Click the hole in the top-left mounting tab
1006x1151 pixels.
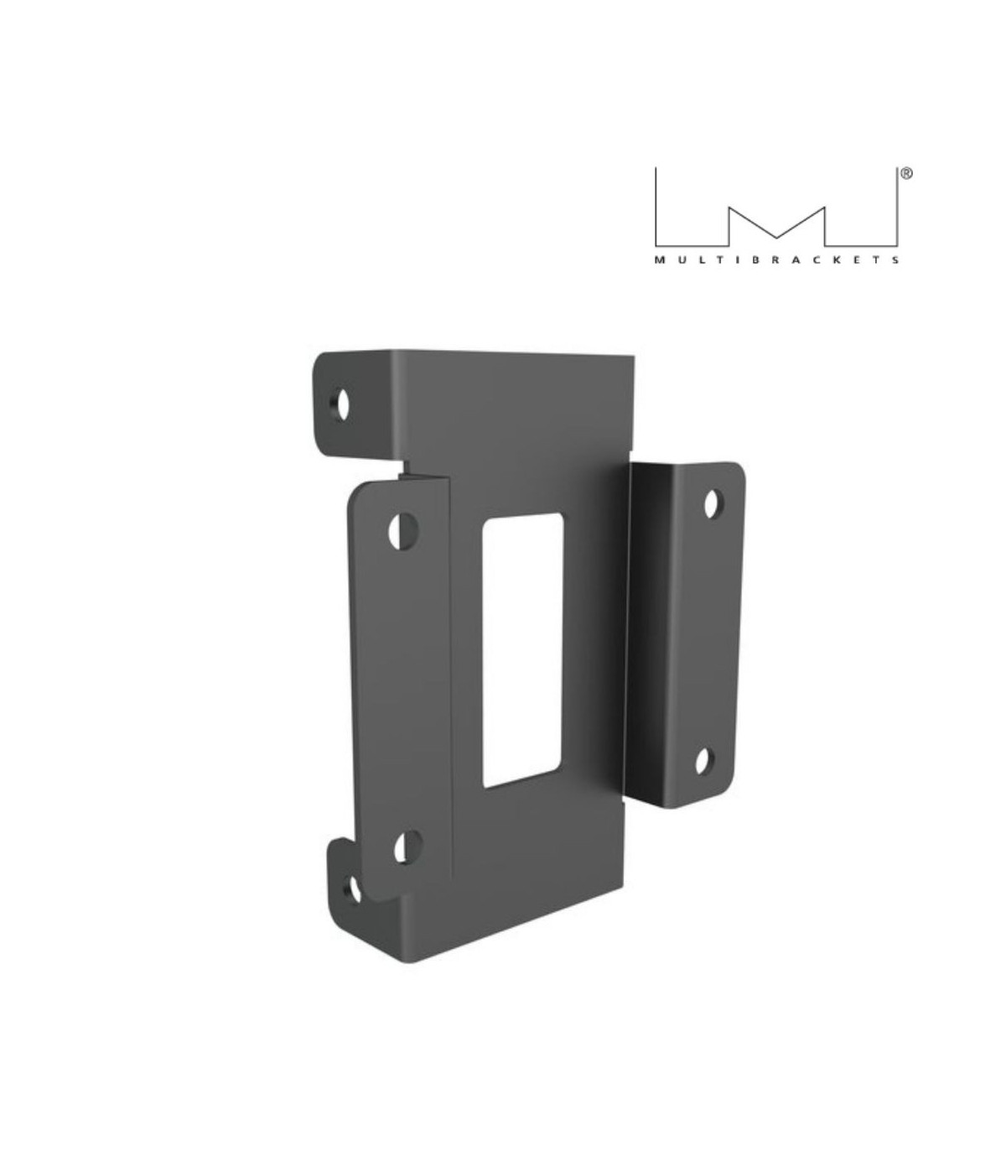[x=342, y=404]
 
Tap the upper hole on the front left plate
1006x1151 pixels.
[x=404, y=530]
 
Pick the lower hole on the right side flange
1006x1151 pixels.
[x=704, y=760]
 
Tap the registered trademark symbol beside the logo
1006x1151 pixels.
[x=906, y=174]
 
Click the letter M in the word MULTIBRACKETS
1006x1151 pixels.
[x=658, y=260]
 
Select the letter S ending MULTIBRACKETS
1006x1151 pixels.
[x=897, y=260]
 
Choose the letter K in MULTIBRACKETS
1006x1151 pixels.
[x=837, y=260]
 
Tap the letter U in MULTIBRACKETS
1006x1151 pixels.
[x=679, y=260]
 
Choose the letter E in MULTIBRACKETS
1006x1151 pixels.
[x=858, y=260]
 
